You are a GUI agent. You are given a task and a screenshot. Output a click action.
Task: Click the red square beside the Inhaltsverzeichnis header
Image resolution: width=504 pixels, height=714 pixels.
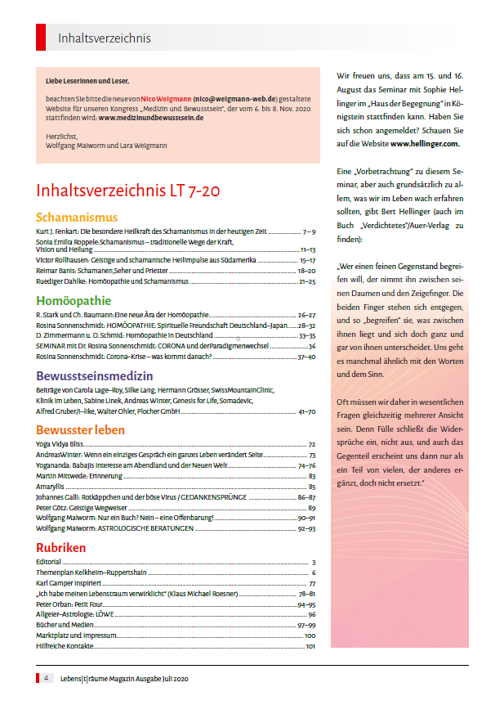pyautogui.click(x=41, y=38)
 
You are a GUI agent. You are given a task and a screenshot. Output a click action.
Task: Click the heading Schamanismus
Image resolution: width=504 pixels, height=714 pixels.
pyautogui.click(x=77, y=218)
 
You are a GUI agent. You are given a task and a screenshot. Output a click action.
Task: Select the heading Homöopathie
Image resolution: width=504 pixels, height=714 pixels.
pyautogui.click(x=74, y=300)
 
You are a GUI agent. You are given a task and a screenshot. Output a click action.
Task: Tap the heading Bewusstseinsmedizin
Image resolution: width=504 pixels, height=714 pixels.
pyautogui.click(x=95, y=376)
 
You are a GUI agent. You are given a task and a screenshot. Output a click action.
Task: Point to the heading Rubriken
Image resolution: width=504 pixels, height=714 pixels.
pyautogui.click(x=61, y=547)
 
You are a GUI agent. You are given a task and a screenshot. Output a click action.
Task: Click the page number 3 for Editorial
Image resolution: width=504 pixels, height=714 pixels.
pyautogui.click(x=314, y=563)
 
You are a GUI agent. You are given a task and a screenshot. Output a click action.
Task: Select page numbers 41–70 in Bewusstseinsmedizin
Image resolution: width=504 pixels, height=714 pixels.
pyautogui.click(x=307, y=411)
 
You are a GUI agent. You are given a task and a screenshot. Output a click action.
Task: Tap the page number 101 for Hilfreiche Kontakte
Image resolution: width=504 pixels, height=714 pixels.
pyautogui.click(x=310, y=647)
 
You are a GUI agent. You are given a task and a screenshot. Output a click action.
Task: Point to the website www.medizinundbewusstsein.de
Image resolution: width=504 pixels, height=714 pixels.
pyautogui.click(x=151, y=118)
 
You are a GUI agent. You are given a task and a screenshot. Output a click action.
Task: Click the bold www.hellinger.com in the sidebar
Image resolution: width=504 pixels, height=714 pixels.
pyautogui.click(x=425, y=143)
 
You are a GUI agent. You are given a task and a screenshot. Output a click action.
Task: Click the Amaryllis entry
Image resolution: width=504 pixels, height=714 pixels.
pyautogui.click(x=51, y=487)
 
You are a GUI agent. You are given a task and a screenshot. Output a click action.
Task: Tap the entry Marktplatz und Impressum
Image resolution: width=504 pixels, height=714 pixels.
pyautogui.click(x=78, y=635)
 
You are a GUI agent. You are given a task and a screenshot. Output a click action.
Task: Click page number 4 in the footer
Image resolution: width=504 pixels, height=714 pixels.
pyautogui.click(x=47, y=678)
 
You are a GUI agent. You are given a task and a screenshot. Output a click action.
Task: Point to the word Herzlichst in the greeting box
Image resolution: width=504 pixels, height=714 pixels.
pyautogui.click(x=60, y=135)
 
